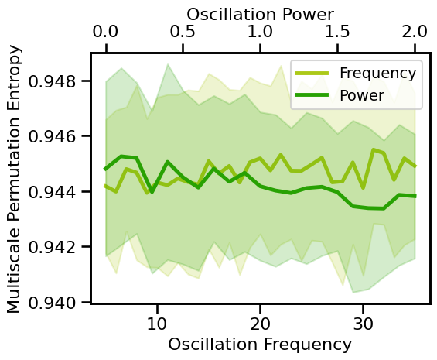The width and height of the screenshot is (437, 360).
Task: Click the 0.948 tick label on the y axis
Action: pos(52,81)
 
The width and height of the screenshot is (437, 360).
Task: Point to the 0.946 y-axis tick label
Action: pos(52,136)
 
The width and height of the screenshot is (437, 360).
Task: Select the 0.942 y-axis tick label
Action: pos(52,247)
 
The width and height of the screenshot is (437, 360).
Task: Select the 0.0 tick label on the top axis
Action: pos(106,33)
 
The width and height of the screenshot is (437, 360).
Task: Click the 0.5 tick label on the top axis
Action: pos(183,33)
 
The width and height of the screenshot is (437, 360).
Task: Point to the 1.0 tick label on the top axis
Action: pos(261,33)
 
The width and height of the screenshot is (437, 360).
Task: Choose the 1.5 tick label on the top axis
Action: pos(338,33)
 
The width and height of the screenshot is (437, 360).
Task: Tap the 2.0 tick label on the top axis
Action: pos(415,33)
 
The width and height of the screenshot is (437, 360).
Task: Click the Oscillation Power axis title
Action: pos(261,13)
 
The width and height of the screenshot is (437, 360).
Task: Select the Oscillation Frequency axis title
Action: pos(260,344)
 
